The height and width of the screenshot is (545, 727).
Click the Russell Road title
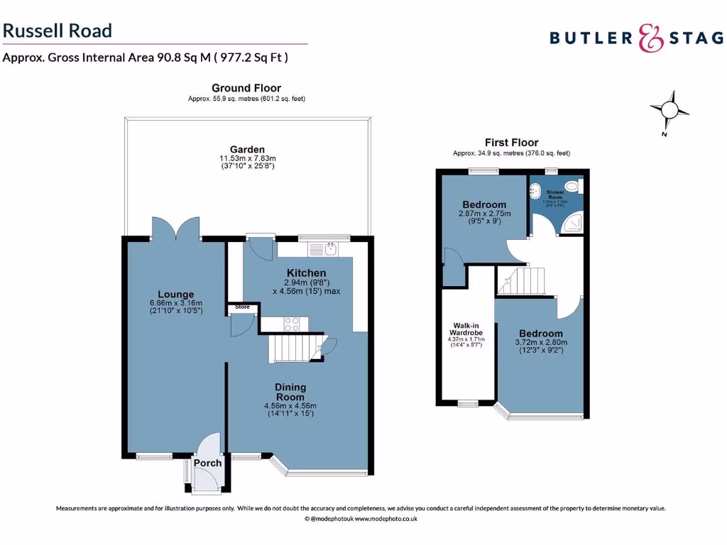pyautogui.click(x=58, y=31)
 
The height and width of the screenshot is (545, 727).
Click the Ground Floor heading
pyautogui.click(x=246, y=88)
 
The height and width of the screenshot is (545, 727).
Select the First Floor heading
pyautogui.click(x=511, y=143)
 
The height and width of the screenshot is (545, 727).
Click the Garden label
pyautogui.click(x=247, y=149)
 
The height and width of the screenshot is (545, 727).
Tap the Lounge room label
pyautogui.click(x=176, y=294)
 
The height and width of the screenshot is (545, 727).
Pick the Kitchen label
pyautogui.click(x=306, y=272)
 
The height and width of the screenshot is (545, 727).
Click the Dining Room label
pyautogui.click(x=290, y=392)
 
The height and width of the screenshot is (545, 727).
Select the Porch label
pyautogui.click(x=208, y=463)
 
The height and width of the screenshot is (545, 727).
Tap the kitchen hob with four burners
pyautogui.click(x=291, y=324)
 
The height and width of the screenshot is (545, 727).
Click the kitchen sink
pyautogui.click(x=330, y=248)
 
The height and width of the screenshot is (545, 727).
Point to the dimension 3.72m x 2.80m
pyautogui.click(x=541, y=343)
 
